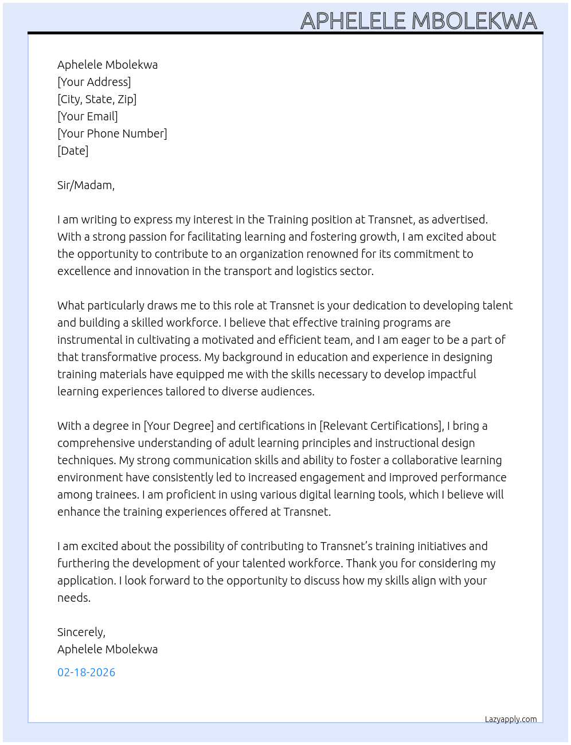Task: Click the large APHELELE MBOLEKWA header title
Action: (419, 21)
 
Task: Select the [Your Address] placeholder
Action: (94, 82)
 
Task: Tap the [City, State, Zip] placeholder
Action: (97, 99)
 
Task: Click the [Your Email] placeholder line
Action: (88, 116)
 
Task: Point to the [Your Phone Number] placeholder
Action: (112, 134)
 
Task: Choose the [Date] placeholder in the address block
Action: (73, 151)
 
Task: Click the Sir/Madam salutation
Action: (86, 185)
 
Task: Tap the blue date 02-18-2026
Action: (86, 672)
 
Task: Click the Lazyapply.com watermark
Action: (511, 719)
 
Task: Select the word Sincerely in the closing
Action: (80, 632)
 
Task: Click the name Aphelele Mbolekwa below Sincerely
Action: (107, 649)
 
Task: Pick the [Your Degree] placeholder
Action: (179, 426)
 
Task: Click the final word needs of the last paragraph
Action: (73, 598)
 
